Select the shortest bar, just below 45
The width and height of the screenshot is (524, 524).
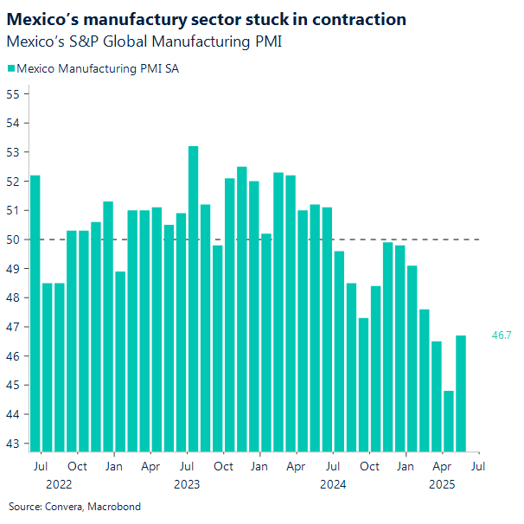point(449,420)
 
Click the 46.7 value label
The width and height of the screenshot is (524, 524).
point(502,335)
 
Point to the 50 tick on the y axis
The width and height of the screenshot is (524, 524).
point(13,240)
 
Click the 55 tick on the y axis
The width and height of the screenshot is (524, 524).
point(13,93)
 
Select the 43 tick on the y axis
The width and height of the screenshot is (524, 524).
point(13,444)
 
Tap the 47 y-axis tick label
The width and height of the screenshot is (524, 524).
point(13,327)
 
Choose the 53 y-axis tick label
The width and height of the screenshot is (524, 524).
point(13,152)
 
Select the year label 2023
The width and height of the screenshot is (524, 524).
point(187,484)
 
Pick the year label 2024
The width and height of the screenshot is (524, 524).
point(333,484)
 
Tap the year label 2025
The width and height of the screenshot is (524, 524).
point(443,484)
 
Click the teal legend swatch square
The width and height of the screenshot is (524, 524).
point(10,68)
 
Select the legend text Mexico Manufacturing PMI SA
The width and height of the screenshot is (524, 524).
point(99,68)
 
